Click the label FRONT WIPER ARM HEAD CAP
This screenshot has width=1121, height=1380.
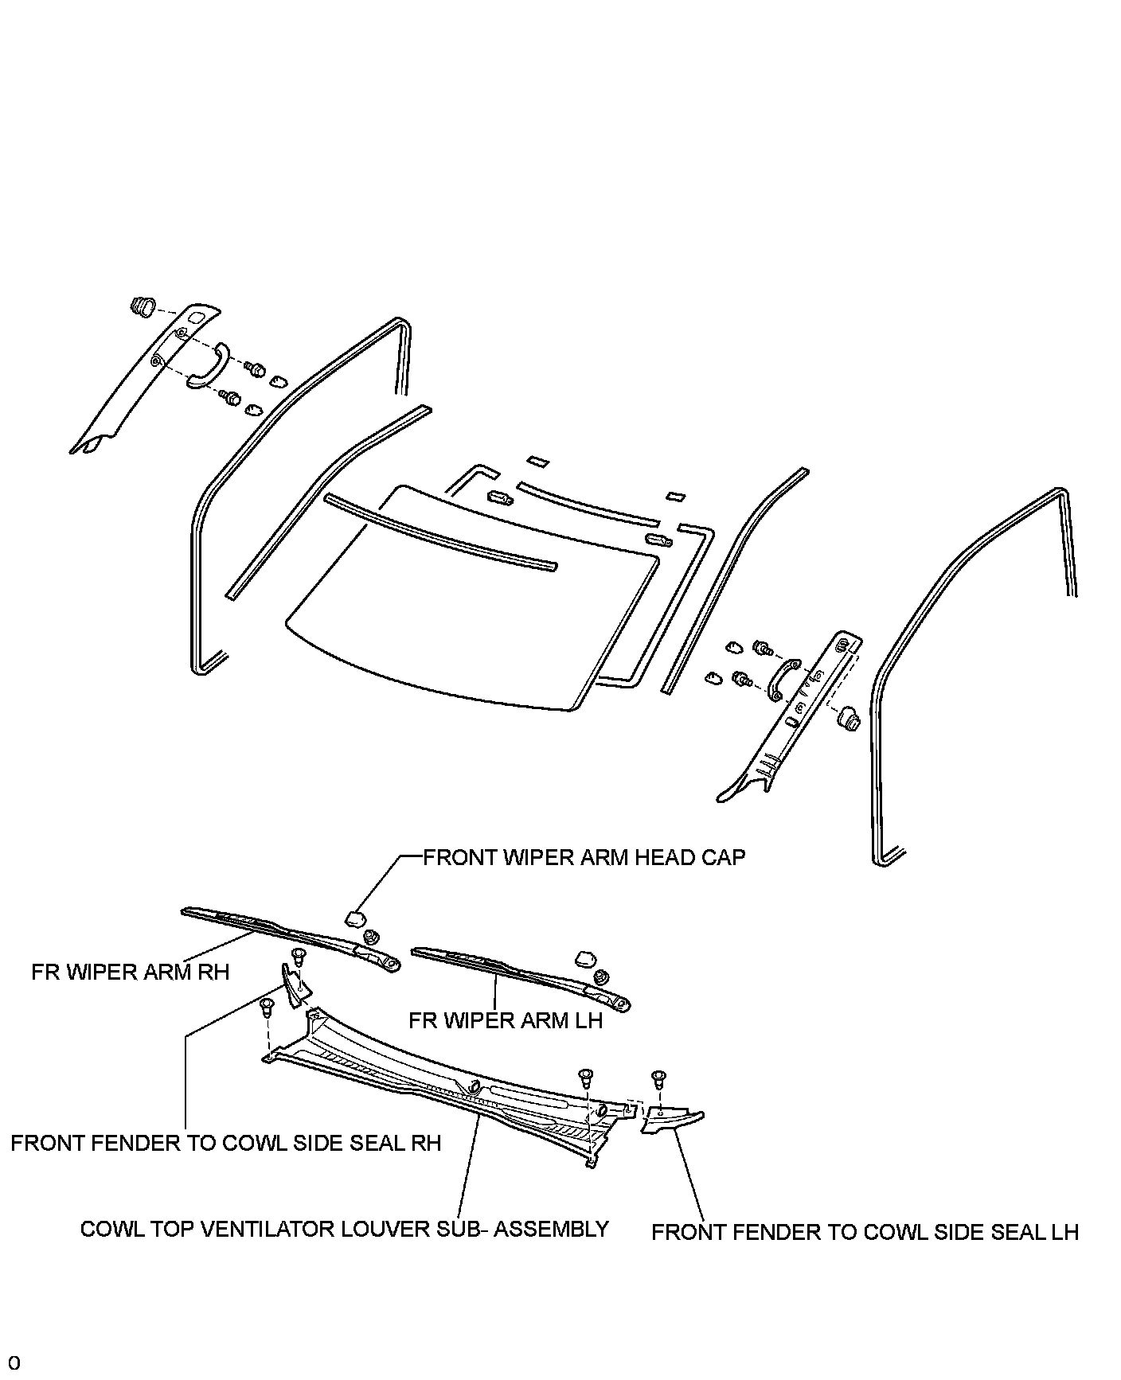[x=584, y=857]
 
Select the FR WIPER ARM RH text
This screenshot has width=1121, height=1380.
[x=131, y=972]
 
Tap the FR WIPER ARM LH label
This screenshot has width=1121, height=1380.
[x=506, y=1020]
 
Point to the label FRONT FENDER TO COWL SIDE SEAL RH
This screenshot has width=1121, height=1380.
[x=225, y=1143]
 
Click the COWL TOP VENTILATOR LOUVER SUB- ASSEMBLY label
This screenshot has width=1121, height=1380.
[x=345, y=1229]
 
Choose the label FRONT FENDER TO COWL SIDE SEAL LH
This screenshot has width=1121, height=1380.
[x=865, y=1232]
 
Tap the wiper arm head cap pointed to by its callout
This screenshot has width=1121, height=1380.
[x=353, y=919]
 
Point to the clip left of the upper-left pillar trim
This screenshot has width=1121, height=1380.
[x=141, y=306]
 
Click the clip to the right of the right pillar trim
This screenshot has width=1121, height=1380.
[x=850, y=719]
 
